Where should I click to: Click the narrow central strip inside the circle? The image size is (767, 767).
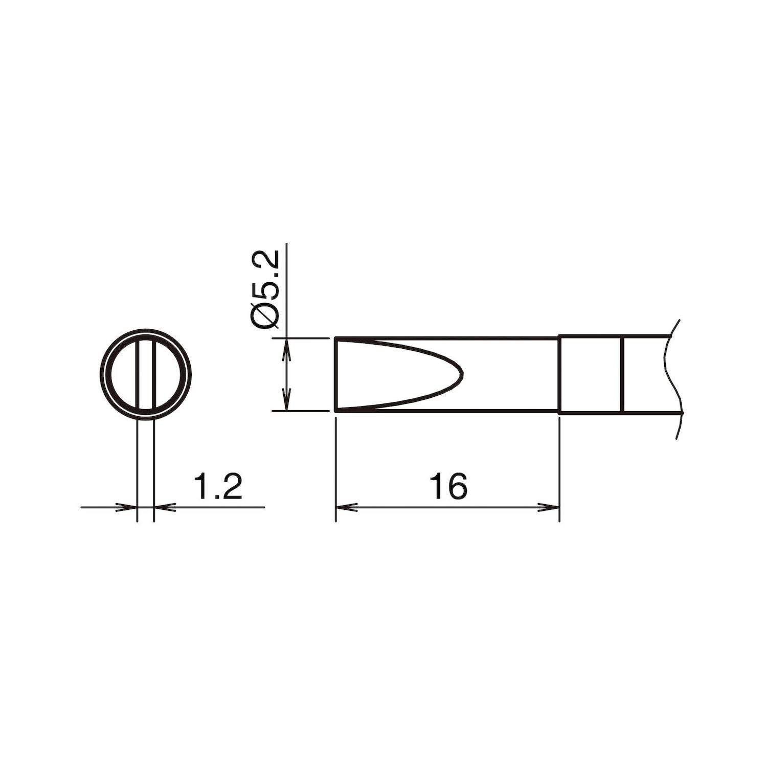click(145, 374)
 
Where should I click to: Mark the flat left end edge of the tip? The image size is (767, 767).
click(335, 374)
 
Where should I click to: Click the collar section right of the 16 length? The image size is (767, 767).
click(591, 374)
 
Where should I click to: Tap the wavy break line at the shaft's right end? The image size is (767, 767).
click(671, 374)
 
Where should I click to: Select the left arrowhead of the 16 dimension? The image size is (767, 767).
click(344, 507)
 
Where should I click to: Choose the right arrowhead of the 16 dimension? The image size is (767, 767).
click(551, 507)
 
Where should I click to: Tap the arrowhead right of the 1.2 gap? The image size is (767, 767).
click(162, 507)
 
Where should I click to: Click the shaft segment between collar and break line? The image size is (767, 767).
click(645, 374)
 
